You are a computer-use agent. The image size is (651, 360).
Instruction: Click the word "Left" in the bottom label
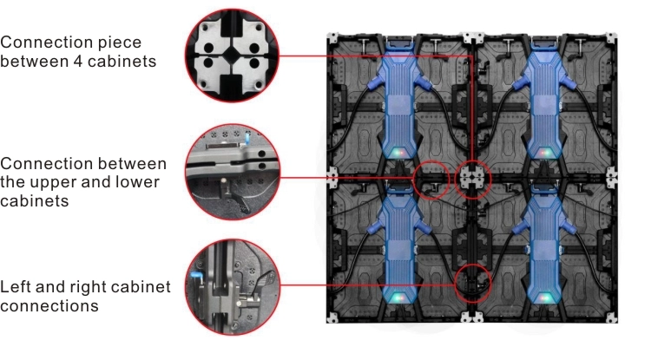tap(16, 286)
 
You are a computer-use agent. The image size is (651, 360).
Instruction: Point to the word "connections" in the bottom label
tap(49, 306)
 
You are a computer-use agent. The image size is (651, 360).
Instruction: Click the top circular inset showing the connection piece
tap(232, 56)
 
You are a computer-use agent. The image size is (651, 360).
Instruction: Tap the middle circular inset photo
tap(233, 172)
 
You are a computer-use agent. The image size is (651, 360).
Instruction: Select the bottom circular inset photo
tap(233, 286)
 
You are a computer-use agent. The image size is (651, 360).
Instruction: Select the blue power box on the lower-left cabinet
tap(398, 245)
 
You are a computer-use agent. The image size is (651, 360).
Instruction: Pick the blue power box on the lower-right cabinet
tap(543, 245)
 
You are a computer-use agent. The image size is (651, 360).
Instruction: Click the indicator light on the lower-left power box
tap(398, 297)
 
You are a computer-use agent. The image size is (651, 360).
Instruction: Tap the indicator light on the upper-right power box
tap(544, 153)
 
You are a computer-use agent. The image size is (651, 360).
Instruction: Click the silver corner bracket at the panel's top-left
tap(333, 39)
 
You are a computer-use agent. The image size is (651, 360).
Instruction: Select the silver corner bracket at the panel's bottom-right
tap(611, 317)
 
